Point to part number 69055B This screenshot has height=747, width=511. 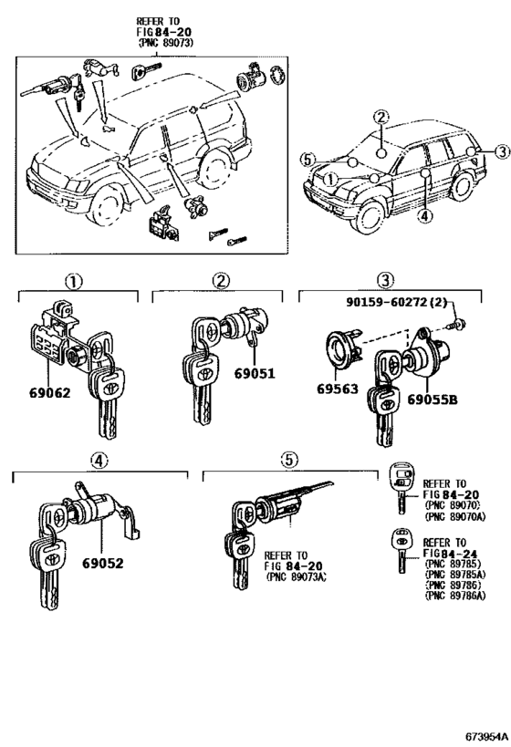[433, 399]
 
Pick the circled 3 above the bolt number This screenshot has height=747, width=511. [386, 280]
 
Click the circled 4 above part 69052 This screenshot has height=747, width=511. [100, 462]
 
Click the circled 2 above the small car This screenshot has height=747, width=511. [381, 117]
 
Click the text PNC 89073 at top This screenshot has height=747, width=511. [167, 42]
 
